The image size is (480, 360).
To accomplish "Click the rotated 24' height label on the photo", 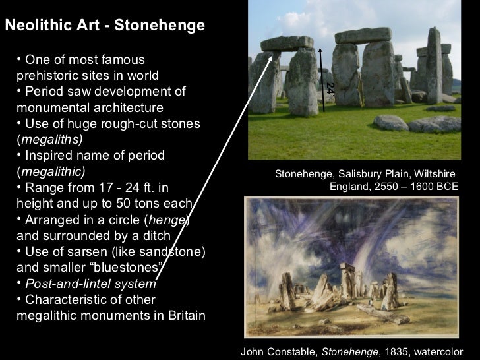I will (330, 88).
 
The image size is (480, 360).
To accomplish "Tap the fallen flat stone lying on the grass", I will (391, 123).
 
